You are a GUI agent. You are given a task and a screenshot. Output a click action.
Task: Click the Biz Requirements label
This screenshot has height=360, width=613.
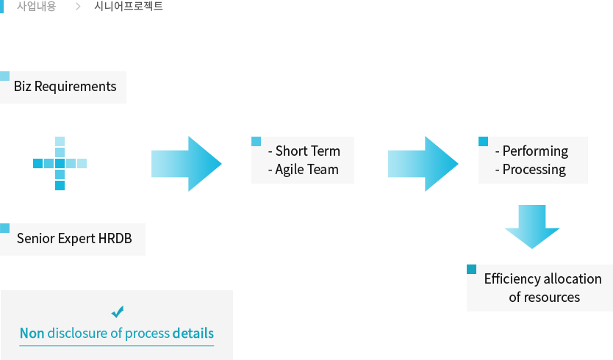[x=65, y=87]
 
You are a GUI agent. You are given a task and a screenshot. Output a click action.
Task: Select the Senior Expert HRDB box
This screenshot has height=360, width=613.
[x=74, y=239]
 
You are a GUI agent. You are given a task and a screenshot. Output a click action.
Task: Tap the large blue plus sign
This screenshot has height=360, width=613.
[x=60, y=164]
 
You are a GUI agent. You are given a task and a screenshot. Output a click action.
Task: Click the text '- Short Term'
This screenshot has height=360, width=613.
[x=304, y=151]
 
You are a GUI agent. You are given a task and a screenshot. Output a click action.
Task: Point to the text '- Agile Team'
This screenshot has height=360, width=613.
[x=304, y=170]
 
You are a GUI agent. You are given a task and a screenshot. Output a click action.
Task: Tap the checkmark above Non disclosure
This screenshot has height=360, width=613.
[x=117, y=312]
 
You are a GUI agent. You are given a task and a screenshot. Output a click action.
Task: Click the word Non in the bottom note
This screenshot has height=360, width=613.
[x=32, y=334]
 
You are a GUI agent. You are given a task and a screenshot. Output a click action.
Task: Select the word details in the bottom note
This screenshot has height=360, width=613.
[x=193, y=334]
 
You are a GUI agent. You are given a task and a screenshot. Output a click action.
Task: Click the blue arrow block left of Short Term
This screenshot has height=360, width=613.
[x=187, y=164]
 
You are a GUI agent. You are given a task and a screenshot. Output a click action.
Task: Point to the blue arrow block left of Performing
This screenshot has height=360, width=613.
[x=423, y=164]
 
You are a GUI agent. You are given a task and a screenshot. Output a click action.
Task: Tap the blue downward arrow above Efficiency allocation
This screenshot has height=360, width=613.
[x=530, y=227]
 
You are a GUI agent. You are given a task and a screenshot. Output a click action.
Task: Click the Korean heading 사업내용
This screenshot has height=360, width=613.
[x=36, y=7]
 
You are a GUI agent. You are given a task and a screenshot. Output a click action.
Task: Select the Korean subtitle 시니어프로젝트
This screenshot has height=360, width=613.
[x=129, y=7]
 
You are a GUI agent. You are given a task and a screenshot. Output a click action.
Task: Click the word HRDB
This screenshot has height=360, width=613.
[x=114, y=239]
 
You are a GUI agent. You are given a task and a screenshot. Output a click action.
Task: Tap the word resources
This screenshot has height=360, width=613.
[x=553, y=298]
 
